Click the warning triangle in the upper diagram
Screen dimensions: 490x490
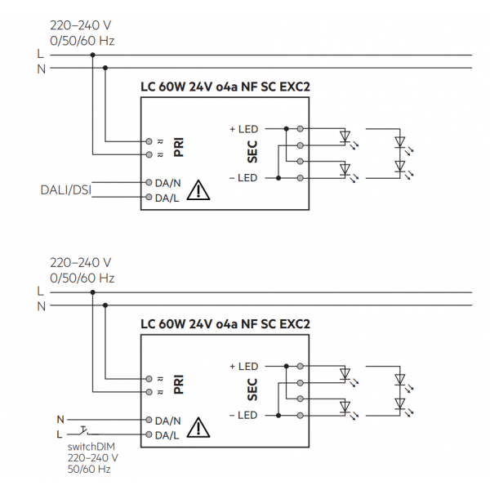click(x=198, y=190)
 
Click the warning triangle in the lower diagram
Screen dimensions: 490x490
click(x=198, y=428)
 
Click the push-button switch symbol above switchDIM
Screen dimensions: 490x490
click(x=86, y=430)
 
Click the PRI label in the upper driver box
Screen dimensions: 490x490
click(x=179, y=147)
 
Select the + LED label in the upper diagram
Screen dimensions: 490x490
click(x=244, y=128)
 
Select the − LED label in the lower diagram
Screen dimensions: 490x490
click(x=243, y=416)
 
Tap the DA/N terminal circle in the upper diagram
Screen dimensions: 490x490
click(x=149, y=183)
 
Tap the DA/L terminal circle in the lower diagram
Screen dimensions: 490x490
click(x=149, y=435)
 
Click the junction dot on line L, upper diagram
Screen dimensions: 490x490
click(x=92, y=55)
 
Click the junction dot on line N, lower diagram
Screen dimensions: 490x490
click(x=106, y=306)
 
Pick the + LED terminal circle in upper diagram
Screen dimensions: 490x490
click(x=301, y=128)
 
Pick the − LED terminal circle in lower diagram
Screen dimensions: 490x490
click(x=301, y=416)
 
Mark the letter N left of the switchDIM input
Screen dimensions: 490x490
click(x=59, y=420)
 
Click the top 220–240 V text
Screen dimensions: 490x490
click(x=81, y=24)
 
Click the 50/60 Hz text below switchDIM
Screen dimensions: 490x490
click(x=88, y=470)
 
